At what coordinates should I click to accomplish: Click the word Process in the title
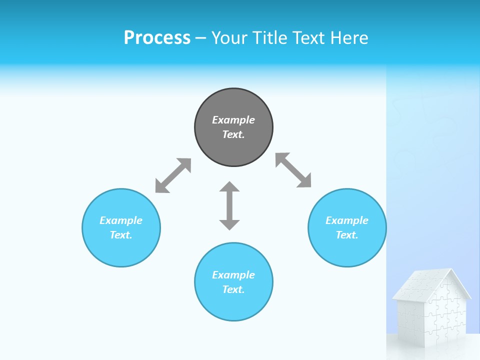(157, 38)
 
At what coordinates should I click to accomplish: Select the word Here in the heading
(349, 38)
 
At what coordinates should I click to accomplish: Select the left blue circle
(121, 250)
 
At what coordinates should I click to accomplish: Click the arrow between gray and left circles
(173, 175)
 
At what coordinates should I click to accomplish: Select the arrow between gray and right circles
(293, 170)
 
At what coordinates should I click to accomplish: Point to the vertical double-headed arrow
(229, 206)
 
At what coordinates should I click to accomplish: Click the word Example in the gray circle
(233, 120)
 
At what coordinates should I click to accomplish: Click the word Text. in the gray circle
(233, 134)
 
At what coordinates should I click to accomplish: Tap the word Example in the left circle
(121, 220)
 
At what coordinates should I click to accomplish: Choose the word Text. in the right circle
(347, 235)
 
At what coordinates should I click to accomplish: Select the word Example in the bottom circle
(233, 275)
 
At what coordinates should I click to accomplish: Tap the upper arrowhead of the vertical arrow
(229, 187)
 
